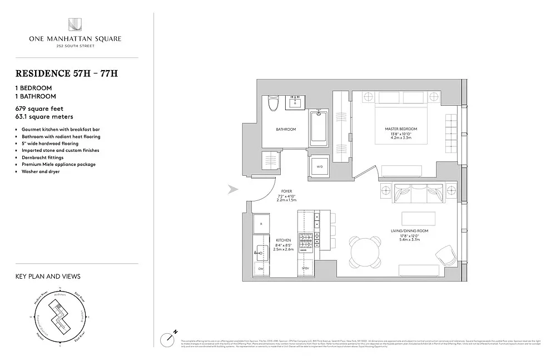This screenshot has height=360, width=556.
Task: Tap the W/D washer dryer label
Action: [x=320, y=166]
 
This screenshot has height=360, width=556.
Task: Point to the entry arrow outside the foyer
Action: [x=234, y=190]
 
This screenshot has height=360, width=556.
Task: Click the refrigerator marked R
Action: [x=261, y=224]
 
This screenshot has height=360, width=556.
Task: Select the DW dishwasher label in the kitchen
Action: [x=261, y=269]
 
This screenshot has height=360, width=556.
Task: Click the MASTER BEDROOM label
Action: [x=401, y=129]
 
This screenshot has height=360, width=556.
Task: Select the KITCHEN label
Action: [x=284, y=240]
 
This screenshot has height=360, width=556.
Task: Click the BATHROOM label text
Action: [x=286, y=130]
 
